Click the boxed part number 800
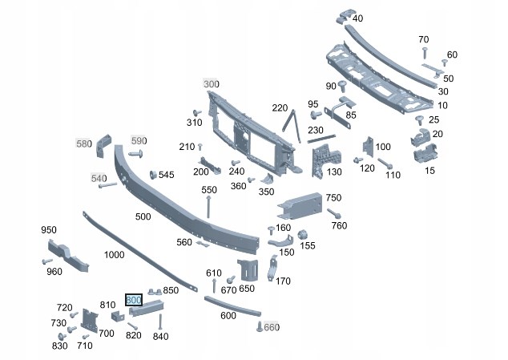(134, 300)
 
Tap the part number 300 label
(211, 84)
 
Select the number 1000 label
(115, 254)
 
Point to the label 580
(84, 144)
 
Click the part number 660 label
(272, 327)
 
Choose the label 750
(333, 197)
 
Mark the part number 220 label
(279, 108)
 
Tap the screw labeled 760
(333, 213)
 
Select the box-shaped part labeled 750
(299, 207)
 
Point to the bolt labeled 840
(160, 322)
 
